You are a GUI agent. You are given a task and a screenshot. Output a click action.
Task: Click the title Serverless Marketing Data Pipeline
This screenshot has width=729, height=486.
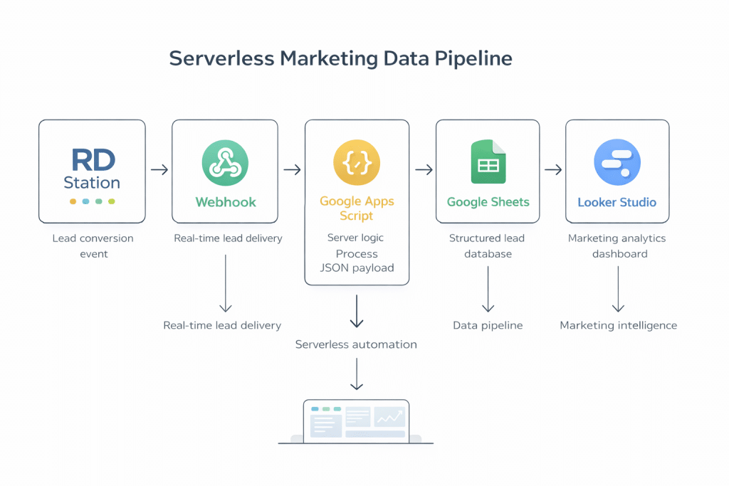pos(340,58)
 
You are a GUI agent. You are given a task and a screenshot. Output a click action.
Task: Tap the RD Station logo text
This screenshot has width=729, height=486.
pos(92,169)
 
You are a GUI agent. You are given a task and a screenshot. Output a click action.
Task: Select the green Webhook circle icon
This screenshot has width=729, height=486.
pos(225,163)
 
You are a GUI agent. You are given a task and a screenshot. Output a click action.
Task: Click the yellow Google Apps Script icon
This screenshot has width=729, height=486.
pos(357,163)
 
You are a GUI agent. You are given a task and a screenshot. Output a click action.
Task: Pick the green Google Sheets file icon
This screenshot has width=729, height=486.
pos(488,162)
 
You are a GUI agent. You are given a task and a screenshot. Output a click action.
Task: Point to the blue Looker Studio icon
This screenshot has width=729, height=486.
pos(617,162)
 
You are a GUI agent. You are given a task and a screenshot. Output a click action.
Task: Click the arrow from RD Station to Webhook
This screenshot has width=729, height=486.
pos(159,170)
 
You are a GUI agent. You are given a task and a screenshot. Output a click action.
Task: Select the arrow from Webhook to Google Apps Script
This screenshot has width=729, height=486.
pos(292,170)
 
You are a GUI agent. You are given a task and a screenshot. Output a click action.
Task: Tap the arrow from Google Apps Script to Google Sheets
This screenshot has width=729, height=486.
pos(424,170)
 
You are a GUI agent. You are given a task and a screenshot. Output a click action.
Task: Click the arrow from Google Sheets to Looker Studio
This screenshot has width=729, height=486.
pos(553,170)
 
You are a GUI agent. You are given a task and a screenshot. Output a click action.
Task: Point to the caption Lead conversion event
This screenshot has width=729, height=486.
pos(93,245)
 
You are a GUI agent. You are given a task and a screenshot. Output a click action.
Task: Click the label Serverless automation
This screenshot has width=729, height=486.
pos(356,344)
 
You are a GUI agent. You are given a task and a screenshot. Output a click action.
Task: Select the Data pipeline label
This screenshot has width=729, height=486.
pos(488,325)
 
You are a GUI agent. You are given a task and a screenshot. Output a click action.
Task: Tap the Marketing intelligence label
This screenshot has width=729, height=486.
pos(618,325)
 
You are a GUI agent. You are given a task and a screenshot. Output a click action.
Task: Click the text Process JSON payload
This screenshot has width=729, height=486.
pos(357,261)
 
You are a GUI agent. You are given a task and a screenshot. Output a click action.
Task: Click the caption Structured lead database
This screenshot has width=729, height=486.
pos(487,245)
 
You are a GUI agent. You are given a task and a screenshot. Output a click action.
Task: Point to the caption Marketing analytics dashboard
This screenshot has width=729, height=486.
pos(618,245)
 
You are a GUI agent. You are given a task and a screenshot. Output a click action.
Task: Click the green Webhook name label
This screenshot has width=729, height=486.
pos(225,202)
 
